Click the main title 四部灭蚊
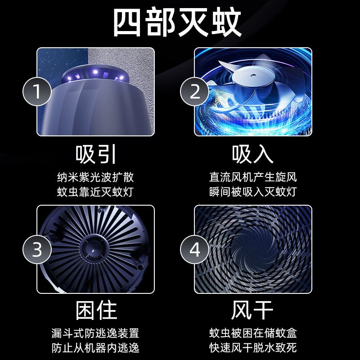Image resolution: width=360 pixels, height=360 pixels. click(177, 22)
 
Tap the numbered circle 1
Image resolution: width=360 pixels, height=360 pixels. click(37, 91)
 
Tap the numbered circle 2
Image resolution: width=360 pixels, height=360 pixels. click(194, 91)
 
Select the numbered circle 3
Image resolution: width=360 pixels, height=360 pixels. click(37, 249)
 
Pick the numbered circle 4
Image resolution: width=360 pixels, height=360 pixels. click(194, 249)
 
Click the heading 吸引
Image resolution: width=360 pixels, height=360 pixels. click(96, 154)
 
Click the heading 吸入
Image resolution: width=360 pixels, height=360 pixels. click(253, 154)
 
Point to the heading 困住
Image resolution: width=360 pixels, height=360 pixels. click(96, 310)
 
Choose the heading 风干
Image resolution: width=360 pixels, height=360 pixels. click(252, 310)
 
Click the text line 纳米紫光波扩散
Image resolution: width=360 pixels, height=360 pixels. click(95, 177)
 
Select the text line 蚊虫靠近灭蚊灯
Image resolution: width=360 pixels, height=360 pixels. click(95, 192)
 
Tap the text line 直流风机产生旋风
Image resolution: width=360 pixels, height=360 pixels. click(253, 177)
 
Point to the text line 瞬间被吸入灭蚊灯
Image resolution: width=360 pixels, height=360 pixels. click(253, 192)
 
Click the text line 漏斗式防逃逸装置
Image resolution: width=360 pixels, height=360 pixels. click(95, 333)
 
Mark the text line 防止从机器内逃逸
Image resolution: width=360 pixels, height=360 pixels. click(95, 348)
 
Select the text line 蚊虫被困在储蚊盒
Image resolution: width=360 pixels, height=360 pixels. click(253, 333)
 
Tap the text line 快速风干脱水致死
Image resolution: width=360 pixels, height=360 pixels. click(253, 348)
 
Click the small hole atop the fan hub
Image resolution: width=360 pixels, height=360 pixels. click(252, 75)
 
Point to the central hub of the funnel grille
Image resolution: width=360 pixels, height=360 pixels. click(93, 249)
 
